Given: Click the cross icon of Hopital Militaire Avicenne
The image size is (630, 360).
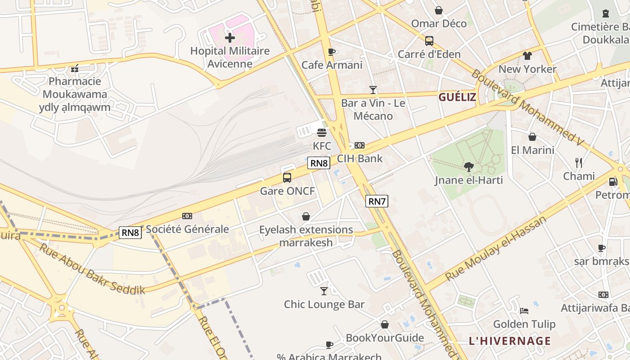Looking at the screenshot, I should tap(230, 37).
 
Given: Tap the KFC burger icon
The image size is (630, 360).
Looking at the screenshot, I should tap(322, 133).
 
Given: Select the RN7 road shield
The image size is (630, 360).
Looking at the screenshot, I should tap(377, 201).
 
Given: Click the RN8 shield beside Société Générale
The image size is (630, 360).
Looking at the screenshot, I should tap(130, 232).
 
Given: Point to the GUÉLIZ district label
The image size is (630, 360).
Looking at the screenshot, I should tap(457, 97).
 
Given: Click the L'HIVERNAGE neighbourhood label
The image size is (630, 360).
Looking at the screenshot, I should tap(510, 341).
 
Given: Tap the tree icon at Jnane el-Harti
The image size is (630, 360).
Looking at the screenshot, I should tap(469, 167).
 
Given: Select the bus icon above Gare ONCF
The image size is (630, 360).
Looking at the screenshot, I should tap(287, 178).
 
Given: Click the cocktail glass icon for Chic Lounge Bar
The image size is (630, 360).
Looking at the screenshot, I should tap(324, 291).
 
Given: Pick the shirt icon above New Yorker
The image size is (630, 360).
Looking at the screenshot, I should tap(527, 56).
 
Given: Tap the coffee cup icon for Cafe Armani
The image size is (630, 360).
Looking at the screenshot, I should tap(332, 52).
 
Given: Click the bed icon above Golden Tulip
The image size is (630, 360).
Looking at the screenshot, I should tap(524, 310).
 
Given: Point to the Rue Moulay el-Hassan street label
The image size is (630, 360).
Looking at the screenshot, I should tap(495, 248).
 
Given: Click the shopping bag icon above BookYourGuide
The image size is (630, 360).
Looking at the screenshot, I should tap(385, 324).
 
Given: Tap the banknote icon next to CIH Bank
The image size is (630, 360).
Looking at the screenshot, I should tap(360, 145).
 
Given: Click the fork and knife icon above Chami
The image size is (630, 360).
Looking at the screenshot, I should tap(579, 162).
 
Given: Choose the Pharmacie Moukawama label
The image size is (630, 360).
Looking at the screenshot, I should tap(75, 88).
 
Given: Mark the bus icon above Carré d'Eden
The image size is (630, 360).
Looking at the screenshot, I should tap(429, 41).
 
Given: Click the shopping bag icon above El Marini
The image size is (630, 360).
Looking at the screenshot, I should tap(532, 137).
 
